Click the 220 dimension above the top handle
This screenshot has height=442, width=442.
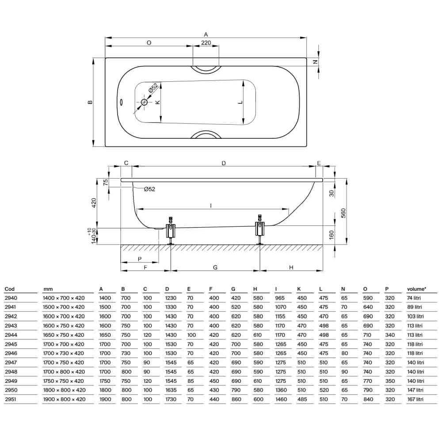pyautogui.click(x=206, y=43)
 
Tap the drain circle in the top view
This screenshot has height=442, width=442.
pyautogui.click(x=145, y=102)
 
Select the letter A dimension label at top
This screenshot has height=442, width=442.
pyautogui.click(x=206, y=34)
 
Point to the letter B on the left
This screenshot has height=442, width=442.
pyautogui.click(x=90, y=102)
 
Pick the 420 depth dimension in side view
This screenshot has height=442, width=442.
pyautogui.click(x=93, y=203)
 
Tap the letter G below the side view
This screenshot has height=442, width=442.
pyautogui.click(x=215, y=267)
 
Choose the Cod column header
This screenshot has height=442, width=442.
pyautogui.click(x=10, y=290)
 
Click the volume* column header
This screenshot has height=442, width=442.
pyautogui.click(x=416, y=290)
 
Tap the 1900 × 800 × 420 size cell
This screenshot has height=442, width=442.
pyautogui.click(x=64, y=399)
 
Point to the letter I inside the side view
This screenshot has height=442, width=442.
pyautogui.click(x=211, y=205)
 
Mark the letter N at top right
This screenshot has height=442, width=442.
pyautogui.click(x=316, y=62)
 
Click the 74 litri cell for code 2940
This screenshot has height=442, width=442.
pyautogui.click(x=414, y=298)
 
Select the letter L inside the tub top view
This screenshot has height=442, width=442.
pyautogui.click(x=240, y=103)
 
